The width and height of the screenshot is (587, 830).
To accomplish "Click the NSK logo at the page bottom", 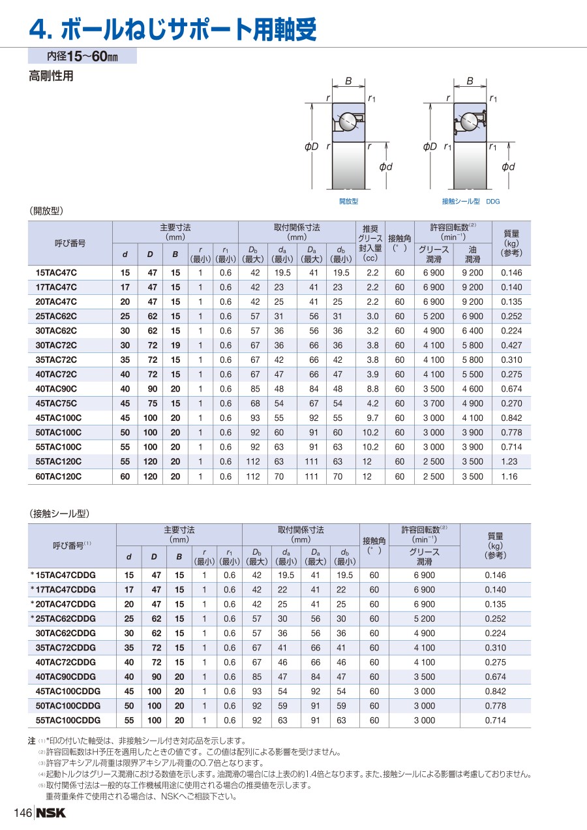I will pyautogui.click(x=51, y=813).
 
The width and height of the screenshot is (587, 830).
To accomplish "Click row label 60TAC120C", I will pyautogui.click(x=58, y=477).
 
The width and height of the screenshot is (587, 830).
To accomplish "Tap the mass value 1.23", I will pyautogui.click(x=509, y=462).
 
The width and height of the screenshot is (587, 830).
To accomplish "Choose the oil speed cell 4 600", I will pyautogui.click(x=472, y=389).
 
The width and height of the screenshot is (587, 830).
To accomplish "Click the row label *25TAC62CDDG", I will pyautogui.click(x=63, y=619).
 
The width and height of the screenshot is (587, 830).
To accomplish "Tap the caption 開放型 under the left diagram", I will pyautogui.click(x=348, y=202).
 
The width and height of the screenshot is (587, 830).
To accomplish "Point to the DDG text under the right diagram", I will pyautogui.click(x=492, y=202).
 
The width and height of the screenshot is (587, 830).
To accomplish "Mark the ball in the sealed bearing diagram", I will pyautogui.click(x=468, y=121).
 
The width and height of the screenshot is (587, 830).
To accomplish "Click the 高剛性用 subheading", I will pyautogui.click(x=51, y=76).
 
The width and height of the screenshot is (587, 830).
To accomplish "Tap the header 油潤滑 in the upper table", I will pyautogui.click(x=472, y=254).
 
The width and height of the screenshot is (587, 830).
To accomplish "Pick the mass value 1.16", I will pyautogui.click(x=509, y=477).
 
